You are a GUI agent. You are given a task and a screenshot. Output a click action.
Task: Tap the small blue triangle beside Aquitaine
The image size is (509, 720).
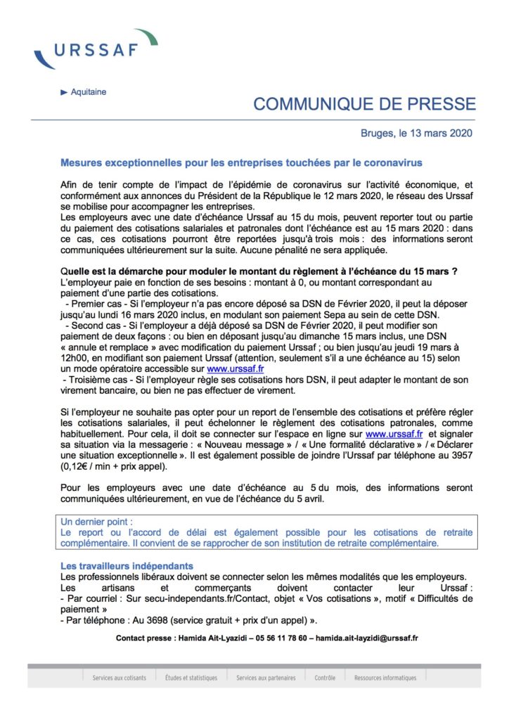click(x=64, y=92)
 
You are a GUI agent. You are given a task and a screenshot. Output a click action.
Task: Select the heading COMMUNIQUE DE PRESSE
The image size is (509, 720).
click(x=364, y=105)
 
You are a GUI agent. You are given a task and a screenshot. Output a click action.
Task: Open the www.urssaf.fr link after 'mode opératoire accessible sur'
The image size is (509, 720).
click(x=236, y=367)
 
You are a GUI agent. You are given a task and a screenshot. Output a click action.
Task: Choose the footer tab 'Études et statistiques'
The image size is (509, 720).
click(x=191, y=678)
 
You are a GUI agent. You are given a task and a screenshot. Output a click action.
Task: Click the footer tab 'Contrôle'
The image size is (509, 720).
click(x=325, y=678)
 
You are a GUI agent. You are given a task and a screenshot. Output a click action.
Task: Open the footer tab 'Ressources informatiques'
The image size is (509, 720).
click(x=385, y=678)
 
